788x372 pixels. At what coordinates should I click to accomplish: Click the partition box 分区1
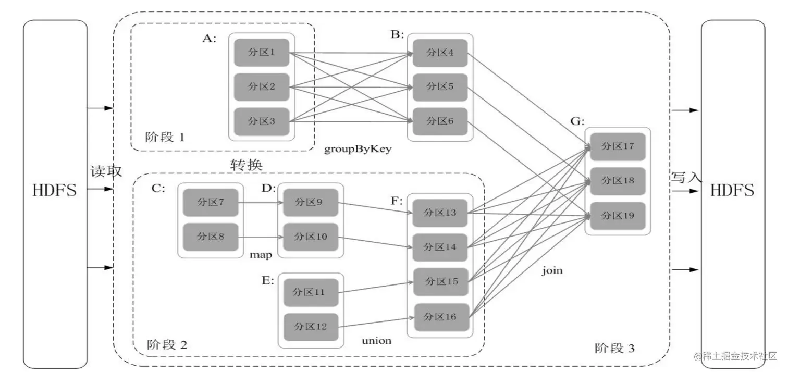tap(262, 53)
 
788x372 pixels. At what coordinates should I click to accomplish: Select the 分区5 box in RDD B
tap(440, 87)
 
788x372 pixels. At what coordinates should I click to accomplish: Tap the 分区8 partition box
tap(211, 237)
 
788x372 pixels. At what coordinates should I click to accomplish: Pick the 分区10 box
tap(311, 237)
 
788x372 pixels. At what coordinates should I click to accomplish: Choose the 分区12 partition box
tap(311, 327)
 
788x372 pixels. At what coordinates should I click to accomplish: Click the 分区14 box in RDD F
tap(440, 247)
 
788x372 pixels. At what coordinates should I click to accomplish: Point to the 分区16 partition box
tap(440, 316)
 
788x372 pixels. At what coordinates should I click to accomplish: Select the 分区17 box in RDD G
tap(618, 146)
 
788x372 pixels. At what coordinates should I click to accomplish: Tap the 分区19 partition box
tap(618, 215)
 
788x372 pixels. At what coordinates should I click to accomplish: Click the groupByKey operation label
tap(358, 149)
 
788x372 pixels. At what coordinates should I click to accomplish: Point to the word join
tap(552, 271)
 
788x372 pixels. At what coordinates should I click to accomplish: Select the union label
tap(376, 341)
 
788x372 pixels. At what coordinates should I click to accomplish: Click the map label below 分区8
tap(261, 255)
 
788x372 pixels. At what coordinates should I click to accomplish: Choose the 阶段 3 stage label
tap(614, 348)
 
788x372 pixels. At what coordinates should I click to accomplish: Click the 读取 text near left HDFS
tap(106, 171)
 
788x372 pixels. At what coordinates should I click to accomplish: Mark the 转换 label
tap(247, 164)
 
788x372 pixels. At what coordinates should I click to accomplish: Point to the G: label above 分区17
tap(577, 121)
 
